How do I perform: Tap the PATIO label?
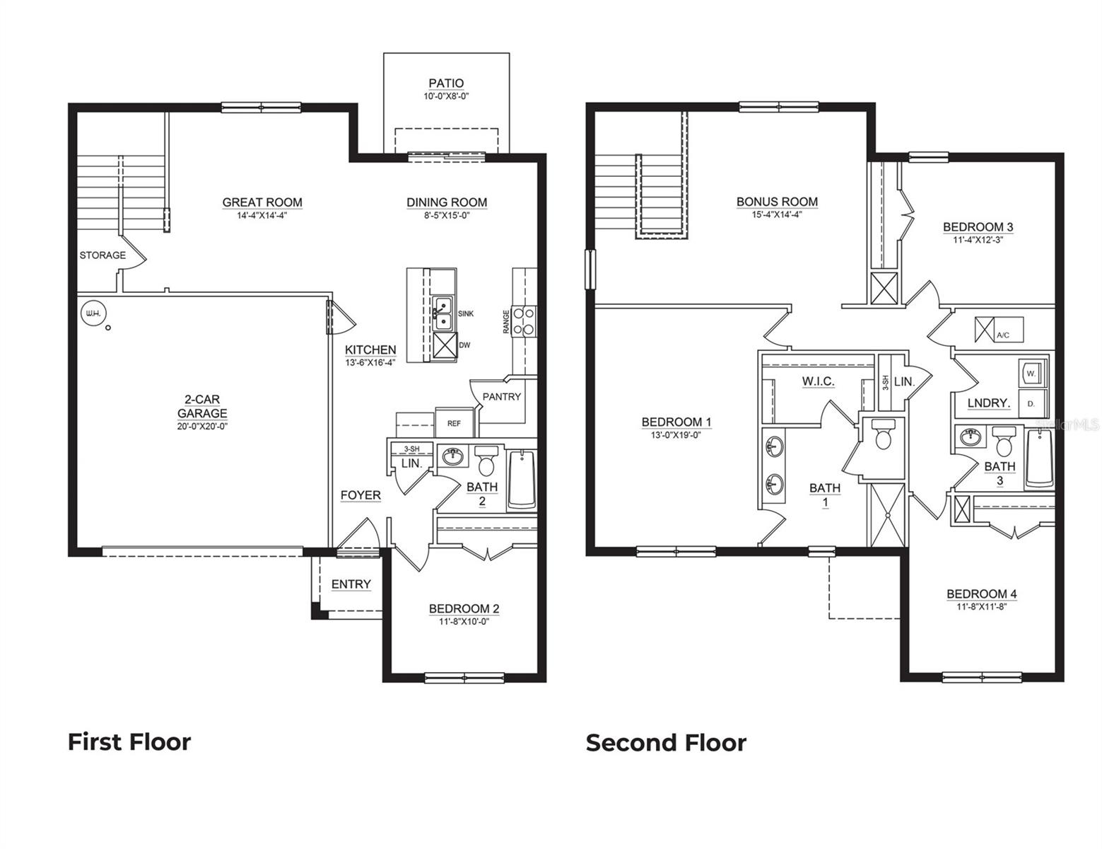click(x=446, y=83)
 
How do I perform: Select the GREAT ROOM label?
click(x=262, y=202)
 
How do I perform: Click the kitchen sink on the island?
click(x=443, y=313)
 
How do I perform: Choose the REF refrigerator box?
click(x=454, y=423)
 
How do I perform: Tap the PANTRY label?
click(x=501, y=397)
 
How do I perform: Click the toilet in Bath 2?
click(x=486, y=461)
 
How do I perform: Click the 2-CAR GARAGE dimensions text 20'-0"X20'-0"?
click(x=202, y=427)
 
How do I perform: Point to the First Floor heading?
click(x=129, y=742)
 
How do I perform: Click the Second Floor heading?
click(x=666, y=743)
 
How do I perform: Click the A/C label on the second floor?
click(x=1002, y=335)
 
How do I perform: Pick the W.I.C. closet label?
click(x=818, y=382)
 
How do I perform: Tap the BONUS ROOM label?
click(x=777, y=202)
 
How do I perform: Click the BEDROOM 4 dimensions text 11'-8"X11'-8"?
click(x=982, y=606)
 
